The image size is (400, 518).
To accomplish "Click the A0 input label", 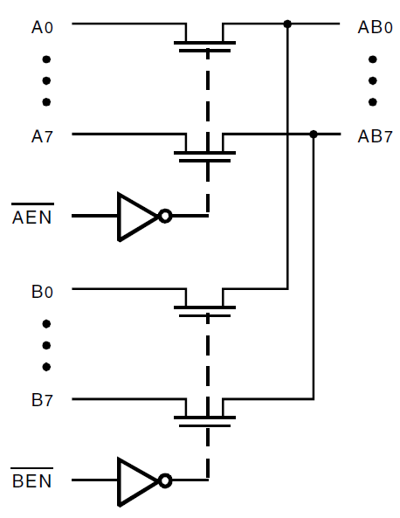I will tap(42, 27).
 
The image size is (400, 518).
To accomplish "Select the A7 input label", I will tap(42, 137).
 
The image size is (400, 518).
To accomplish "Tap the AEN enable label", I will tap(32, 217).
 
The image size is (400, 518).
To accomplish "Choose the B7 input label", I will tap(42, 401).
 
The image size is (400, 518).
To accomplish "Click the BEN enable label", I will tap(32, 481).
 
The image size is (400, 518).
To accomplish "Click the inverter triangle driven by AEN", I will tap(135, 217).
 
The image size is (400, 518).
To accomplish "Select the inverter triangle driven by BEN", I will tap(135, 481).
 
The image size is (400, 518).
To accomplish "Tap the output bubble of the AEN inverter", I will tap(165, 217).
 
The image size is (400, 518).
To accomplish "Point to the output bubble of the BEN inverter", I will tap(165, 481).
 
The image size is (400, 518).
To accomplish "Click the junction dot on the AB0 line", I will tap(287, 24).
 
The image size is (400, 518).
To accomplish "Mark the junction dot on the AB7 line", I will tap(314, 135).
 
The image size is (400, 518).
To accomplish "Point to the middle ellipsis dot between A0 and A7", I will tap(46, 81).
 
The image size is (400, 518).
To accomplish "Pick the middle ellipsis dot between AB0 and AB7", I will tap(373, 81).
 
